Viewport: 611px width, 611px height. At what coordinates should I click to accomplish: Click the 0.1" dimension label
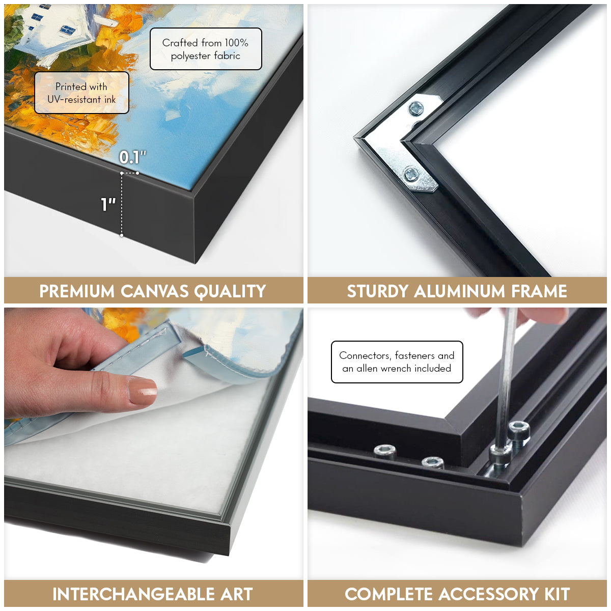(132, 157)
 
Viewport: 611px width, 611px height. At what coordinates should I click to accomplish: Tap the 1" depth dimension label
(108, 204)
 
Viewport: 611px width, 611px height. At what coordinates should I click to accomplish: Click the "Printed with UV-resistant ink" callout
(81, 93)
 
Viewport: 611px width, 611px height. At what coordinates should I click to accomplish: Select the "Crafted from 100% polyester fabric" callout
(206, 49)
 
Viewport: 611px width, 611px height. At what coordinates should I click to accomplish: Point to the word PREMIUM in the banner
(77, 291)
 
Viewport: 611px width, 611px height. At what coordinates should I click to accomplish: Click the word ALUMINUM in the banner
(459, 291)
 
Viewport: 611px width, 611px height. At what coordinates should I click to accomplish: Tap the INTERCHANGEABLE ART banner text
(153, 594)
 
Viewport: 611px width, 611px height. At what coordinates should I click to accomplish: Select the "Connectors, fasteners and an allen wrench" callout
(397, 362)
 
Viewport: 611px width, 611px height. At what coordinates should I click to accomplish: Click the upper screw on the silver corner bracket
(415, 108)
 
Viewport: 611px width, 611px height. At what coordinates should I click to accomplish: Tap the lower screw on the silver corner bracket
(411, 174)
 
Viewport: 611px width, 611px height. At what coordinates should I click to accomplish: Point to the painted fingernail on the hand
(143, 391)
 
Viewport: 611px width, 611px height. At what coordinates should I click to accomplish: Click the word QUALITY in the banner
(230, 291)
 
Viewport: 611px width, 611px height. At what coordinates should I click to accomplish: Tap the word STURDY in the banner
(377, 291)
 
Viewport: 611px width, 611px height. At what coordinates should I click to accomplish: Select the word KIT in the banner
(557, 594)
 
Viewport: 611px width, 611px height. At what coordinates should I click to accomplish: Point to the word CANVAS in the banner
(154, 291)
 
